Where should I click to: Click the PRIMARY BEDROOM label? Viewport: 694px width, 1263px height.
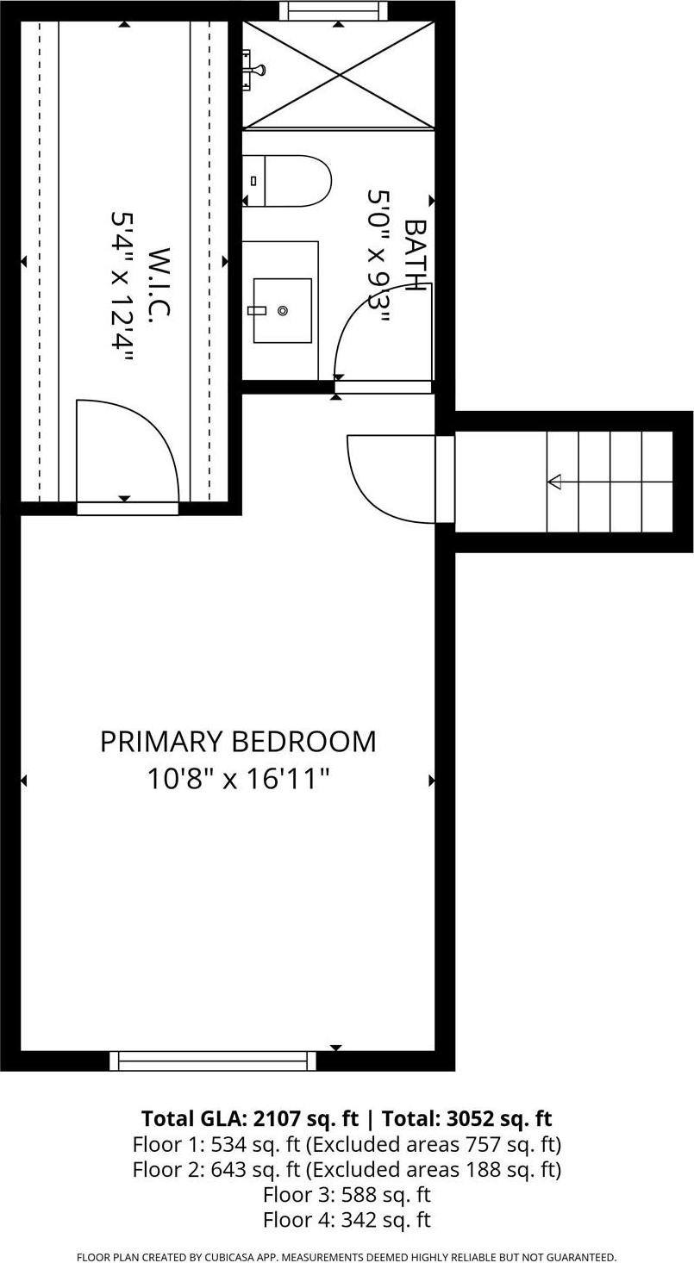coord(238,742)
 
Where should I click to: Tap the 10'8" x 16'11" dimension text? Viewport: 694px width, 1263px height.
coord(238,779)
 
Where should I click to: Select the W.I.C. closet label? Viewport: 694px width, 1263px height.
coord(159,285)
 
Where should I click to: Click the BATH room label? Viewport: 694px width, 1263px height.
coord(416,256)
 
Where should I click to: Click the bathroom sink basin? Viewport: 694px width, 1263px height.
coord(283,310)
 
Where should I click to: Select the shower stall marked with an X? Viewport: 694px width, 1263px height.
coord(339,76)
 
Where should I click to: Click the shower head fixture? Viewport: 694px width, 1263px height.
coord(253,70)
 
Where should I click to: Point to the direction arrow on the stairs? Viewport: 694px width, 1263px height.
coord(555,482)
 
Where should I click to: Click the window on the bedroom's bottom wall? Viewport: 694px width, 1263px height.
coord(213,1061)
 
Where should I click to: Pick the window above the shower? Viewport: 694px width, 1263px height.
coord(333,10)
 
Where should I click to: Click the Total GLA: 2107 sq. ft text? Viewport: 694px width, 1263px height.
coord(249,1118)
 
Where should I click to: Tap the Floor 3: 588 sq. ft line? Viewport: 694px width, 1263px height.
coord(347,1195)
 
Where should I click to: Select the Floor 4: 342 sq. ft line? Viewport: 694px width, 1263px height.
coord(347,1220)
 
